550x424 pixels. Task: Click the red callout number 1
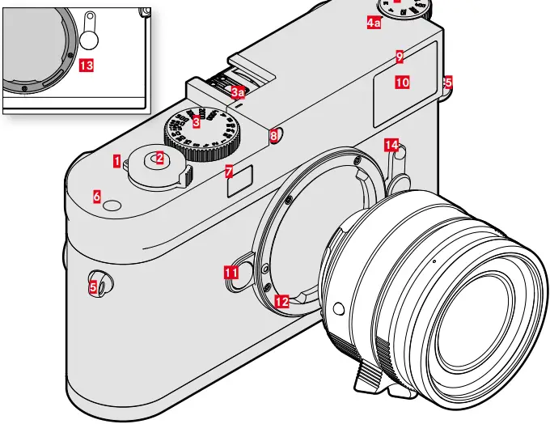tap(117, 161)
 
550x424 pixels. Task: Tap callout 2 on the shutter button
tap(160, 159)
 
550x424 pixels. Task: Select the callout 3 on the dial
tap(196, 123)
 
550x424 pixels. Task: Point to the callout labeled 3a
tap(237, 93)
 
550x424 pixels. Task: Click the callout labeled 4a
tap(374, 23)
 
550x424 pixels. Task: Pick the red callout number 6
tap(97, 197)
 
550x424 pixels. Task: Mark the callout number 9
tap(400, 56)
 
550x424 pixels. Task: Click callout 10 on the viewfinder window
tap(403, 83)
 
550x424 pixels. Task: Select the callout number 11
tap(232, 273)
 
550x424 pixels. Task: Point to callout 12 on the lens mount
tap(281, 301)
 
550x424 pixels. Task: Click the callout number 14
tap(392, 145)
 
